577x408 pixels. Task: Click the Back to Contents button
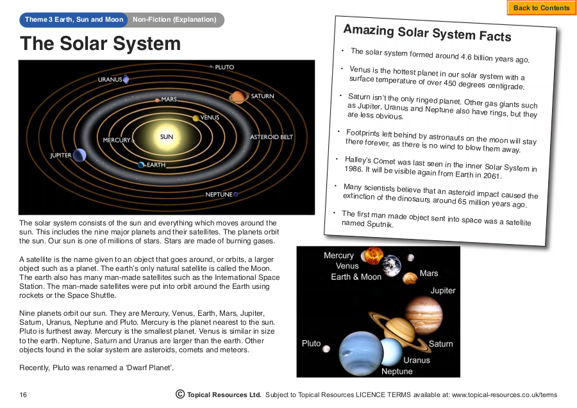(x=542, y=8)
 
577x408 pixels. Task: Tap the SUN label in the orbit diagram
(x=166, y=136)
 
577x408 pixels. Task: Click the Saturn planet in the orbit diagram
(x=238, y=97)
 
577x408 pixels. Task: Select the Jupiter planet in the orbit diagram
(x=79, y=155)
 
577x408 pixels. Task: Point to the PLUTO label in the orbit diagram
(x=224, y=67)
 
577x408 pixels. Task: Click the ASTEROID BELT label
(x=272, y=136)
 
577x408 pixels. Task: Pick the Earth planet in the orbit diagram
(x=141, y=165)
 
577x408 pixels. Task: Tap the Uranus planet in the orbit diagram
(x=126, y=79)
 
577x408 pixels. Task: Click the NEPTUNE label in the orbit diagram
(x=219, y=195)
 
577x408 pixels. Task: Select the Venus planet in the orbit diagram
(x=196, y=118)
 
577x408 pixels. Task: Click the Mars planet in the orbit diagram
(x=158, y=100)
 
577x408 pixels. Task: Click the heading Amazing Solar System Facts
(x=427, y=33)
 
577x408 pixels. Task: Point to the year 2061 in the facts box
(x=492, y=175)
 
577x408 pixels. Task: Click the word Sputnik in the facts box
(x=380, y=224)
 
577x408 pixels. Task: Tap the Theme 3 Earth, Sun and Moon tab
(x=74, y=20)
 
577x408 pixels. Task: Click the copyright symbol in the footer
(x=180, y=394)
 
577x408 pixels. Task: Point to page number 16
(x=23, y=395)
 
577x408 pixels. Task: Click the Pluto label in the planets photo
(x=312, y=343)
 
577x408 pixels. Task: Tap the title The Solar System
(x=101, y=44)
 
